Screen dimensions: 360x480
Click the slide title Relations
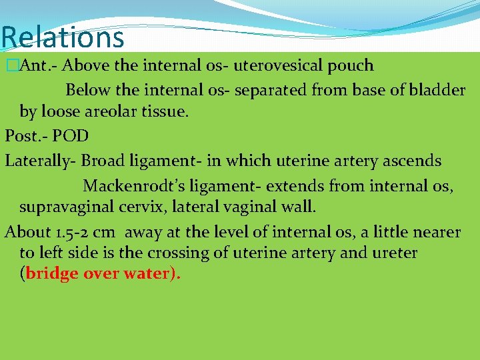coord(63,37)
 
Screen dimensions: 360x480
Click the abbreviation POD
coord(71,137)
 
